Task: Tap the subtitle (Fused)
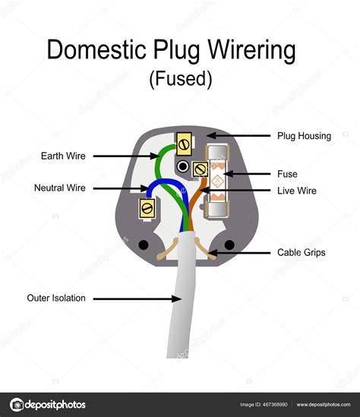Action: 179,79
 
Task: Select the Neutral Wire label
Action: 60,188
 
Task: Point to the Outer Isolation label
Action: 57,298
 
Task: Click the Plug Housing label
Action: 303,136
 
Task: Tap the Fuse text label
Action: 288,173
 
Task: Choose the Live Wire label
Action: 297,191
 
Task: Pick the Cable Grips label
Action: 301,252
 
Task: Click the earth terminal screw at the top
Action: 182,141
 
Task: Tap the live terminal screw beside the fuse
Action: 201,169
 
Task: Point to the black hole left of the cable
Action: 144,246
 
